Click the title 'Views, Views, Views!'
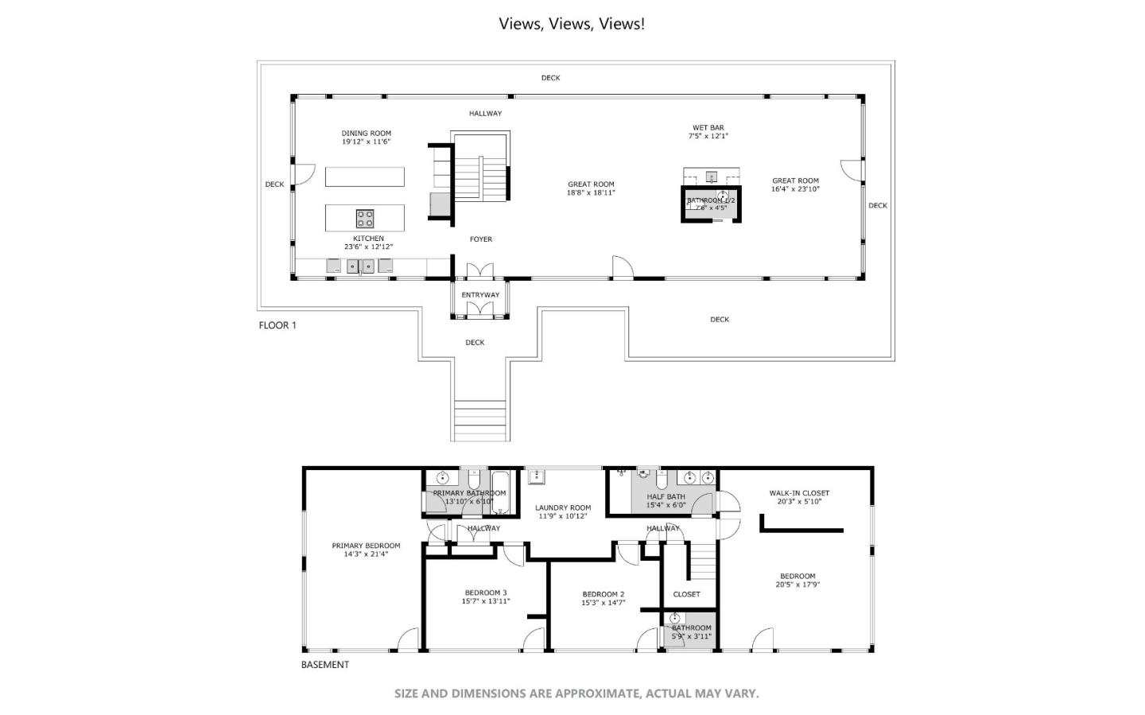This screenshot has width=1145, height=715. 572,24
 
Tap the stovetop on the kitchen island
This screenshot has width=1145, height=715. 365,218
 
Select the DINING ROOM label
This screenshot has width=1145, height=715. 366,134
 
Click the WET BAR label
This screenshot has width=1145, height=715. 708,127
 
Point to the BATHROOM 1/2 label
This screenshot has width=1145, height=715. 711,200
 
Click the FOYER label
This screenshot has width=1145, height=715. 480,239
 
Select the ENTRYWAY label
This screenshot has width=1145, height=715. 480,295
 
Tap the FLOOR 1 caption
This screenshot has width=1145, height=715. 278,325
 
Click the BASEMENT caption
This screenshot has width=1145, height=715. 324,665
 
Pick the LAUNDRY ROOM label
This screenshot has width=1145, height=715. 563,507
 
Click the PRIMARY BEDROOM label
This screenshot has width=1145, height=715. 366,546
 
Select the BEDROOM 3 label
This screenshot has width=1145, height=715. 485,593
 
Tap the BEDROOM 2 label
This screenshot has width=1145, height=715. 603,594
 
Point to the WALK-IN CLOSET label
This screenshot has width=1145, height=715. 798,493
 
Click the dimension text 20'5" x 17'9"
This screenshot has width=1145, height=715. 798,585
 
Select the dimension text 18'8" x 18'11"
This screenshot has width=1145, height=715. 591,192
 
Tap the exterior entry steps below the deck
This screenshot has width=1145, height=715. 480,420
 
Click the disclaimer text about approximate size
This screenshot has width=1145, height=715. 576,694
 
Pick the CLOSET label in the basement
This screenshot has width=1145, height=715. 686,594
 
